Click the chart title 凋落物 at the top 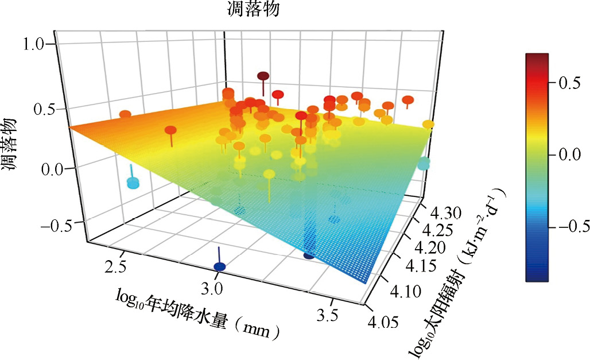(253, 9)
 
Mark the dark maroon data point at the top (263, 76)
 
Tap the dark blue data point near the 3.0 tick (219, 266)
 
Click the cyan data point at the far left (133, 183)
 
